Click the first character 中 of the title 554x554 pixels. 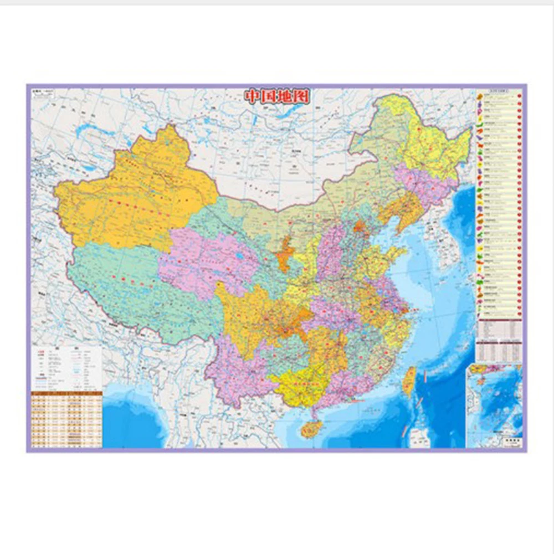point(253,96)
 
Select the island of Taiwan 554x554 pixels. point(409,381)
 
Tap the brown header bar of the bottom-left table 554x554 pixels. point(66,393)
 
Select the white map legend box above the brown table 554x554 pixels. point(66,368)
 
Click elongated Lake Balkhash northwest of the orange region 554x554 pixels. point(89,132)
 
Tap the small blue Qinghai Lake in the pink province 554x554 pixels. point(239,257)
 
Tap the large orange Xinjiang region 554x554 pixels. point(136,194)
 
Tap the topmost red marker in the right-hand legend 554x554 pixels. point(520,95)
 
